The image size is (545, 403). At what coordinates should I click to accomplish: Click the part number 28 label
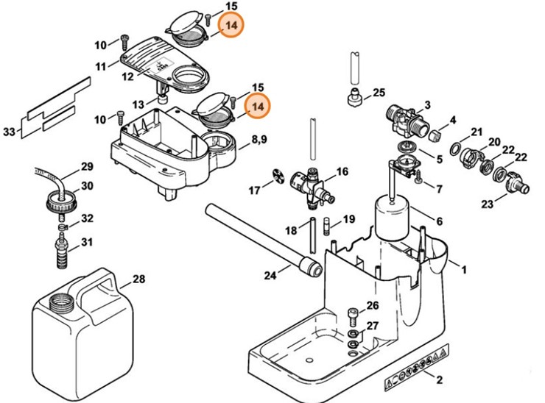coord(139,279)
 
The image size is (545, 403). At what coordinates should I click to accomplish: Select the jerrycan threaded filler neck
coord(62,302)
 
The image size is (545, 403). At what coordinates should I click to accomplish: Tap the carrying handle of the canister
coord(94,285)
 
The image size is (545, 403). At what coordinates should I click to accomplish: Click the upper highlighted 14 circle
coord(231,25)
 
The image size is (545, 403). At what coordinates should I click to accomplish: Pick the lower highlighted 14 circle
coord(257,106)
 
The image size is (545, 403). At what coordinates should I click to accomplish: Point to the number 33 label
coord(10,132)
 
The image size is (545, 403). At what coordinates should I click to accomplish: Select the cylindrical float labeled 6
coord(392,217)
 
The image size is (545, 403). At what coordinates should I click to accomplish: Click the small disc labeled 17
coord(278,174)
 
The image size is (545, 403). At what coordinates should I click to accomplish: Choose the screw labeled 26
coord(353,316)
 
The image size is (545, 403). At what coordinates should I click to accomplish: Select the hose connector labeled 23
coord(517,185)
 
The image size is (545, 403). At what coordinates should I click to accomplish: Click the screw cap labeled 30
coord(61,202)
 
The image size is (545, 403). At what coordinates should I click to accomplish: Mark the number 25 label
coord(379,93)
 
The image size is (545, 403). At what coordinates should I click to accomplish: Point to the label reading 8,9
coord(259,140)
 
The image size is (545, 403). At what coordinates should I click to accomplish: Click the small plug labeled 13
coord(162,100)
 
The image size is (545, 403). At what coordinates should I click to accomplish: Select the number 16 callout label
coord(342,171)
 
